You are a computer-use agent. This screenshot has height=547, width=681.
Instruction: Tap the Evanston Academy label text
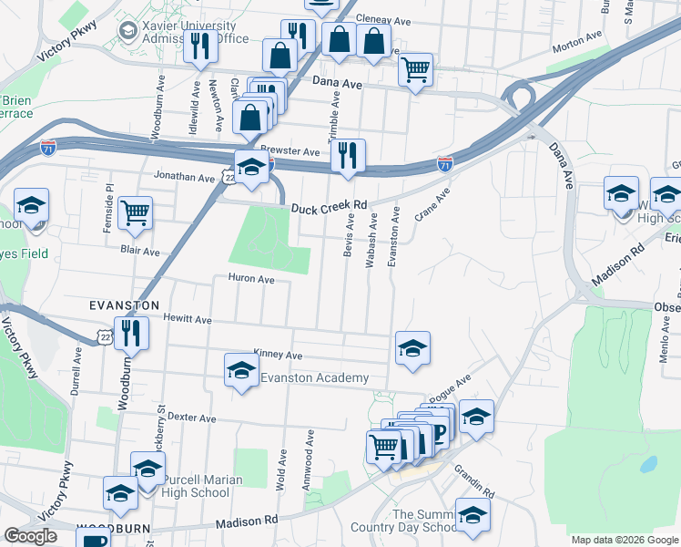pyautogui.click(x=314, y=378)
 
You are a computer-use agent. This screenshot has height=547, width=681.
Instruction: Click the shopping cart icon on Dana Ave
pyautogui.click(x=415, y=69)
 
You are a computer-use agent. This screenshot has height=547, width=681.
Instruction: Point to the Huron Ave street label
pyautogui.click(x=250, y=279)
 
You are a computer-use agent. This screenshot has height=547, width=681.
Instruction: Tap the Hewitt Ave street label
pyautogui.click(x=188, y=320)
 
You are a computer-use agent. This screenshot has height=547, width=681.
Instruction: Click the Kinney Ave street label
pyautogui.click(x=279, y=355)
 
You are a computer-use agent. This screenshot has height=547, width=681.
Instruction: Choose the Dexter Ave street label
pyautogui.click(x=192, y=418)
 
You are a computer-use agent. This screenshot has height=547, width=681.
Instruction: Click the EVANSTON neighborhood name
pyautogui.click(x=124, y=304)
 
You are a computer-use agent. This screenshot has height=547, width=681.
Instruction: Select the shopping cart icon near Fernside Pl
pyautogui.click(x=135, y=212)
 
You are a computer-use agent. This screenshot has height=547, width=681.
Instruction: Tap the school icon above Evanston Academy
pyautogui.click(x=240, y=369)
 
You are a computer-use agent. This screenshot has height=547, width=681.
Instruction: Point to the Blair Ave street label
pyautogui.click(x=140, y=251)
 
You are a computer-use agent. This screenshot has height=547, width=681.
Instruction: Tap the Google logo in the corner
pyautogui.click(x=30, y=537)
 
